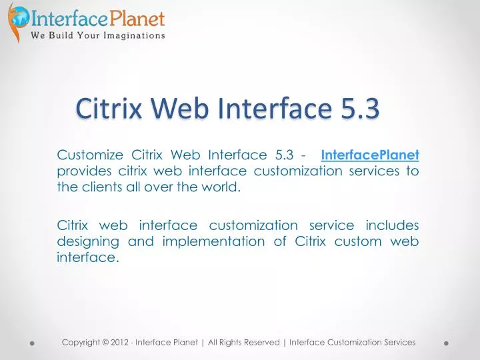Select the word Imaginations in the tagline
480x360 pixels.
tap(132, 35)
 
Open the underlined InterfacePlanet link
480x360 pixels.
tap(370, 156)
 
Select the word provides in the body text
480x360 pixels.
tap(85, 171)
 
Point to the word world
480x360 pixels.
tap(220, 187)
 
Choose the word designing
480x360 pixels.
tap(88, 241)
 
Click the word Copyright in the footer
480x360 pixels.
tap(83, 342)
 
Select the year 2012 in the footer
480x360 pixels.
tap(120, 342)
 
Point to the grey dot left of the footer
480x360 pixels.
tap(32, 344)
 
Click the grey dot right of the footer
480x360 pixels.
tap(446, 344)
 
